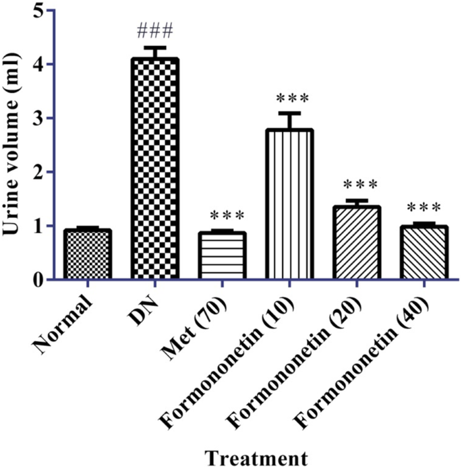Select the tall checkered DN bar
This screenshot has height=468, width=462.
(x=155, y=169)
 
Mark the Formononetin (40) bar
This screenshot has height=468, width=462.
(x=424, y=252)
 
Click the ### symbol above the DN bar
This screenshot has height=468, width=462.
(x=155, y=31)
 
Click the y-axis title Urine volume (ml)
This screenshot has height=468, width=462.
(x=11, y=145)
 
